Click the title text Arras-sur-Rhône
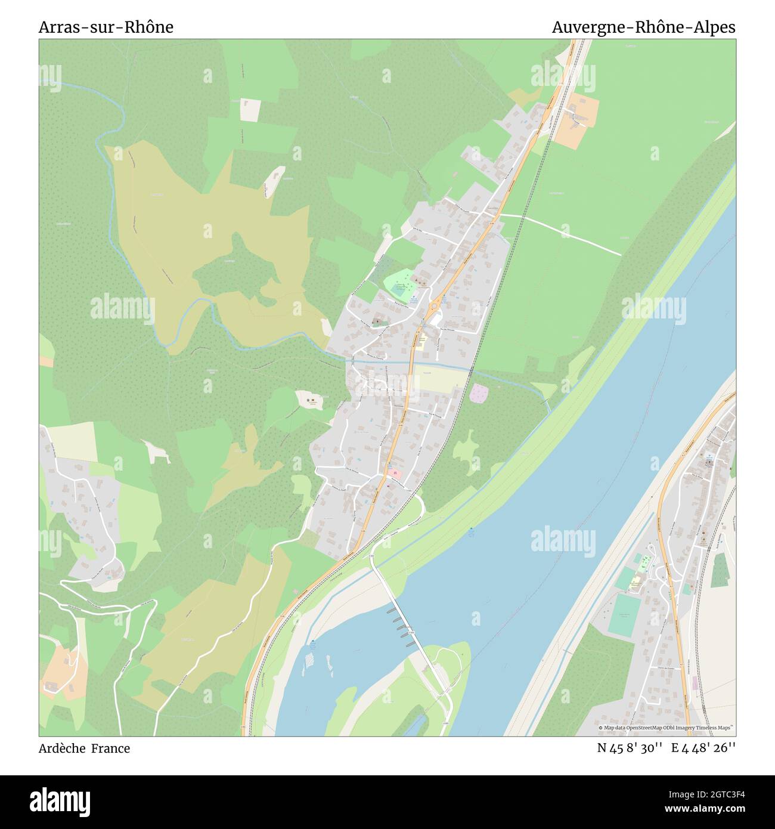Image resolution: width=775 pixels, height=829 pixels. tap(106, 27)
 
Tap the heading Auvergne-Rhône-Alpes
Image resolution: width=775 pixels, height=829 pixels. tap(643, 27)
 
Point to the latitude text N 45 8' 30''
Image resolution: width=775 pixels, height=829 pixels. tap(630, 748)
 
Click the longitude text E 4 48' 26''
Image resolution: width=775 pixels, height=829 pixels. tap(703, 748)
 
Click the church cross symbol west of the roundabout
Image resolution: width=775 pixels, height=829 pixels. tap(376, 322)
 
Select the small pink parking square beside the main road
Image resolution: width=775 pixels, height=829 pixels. tap(393, 474)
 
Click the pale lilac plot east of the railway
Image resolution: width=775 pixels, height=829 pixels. tap(479, 393)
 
